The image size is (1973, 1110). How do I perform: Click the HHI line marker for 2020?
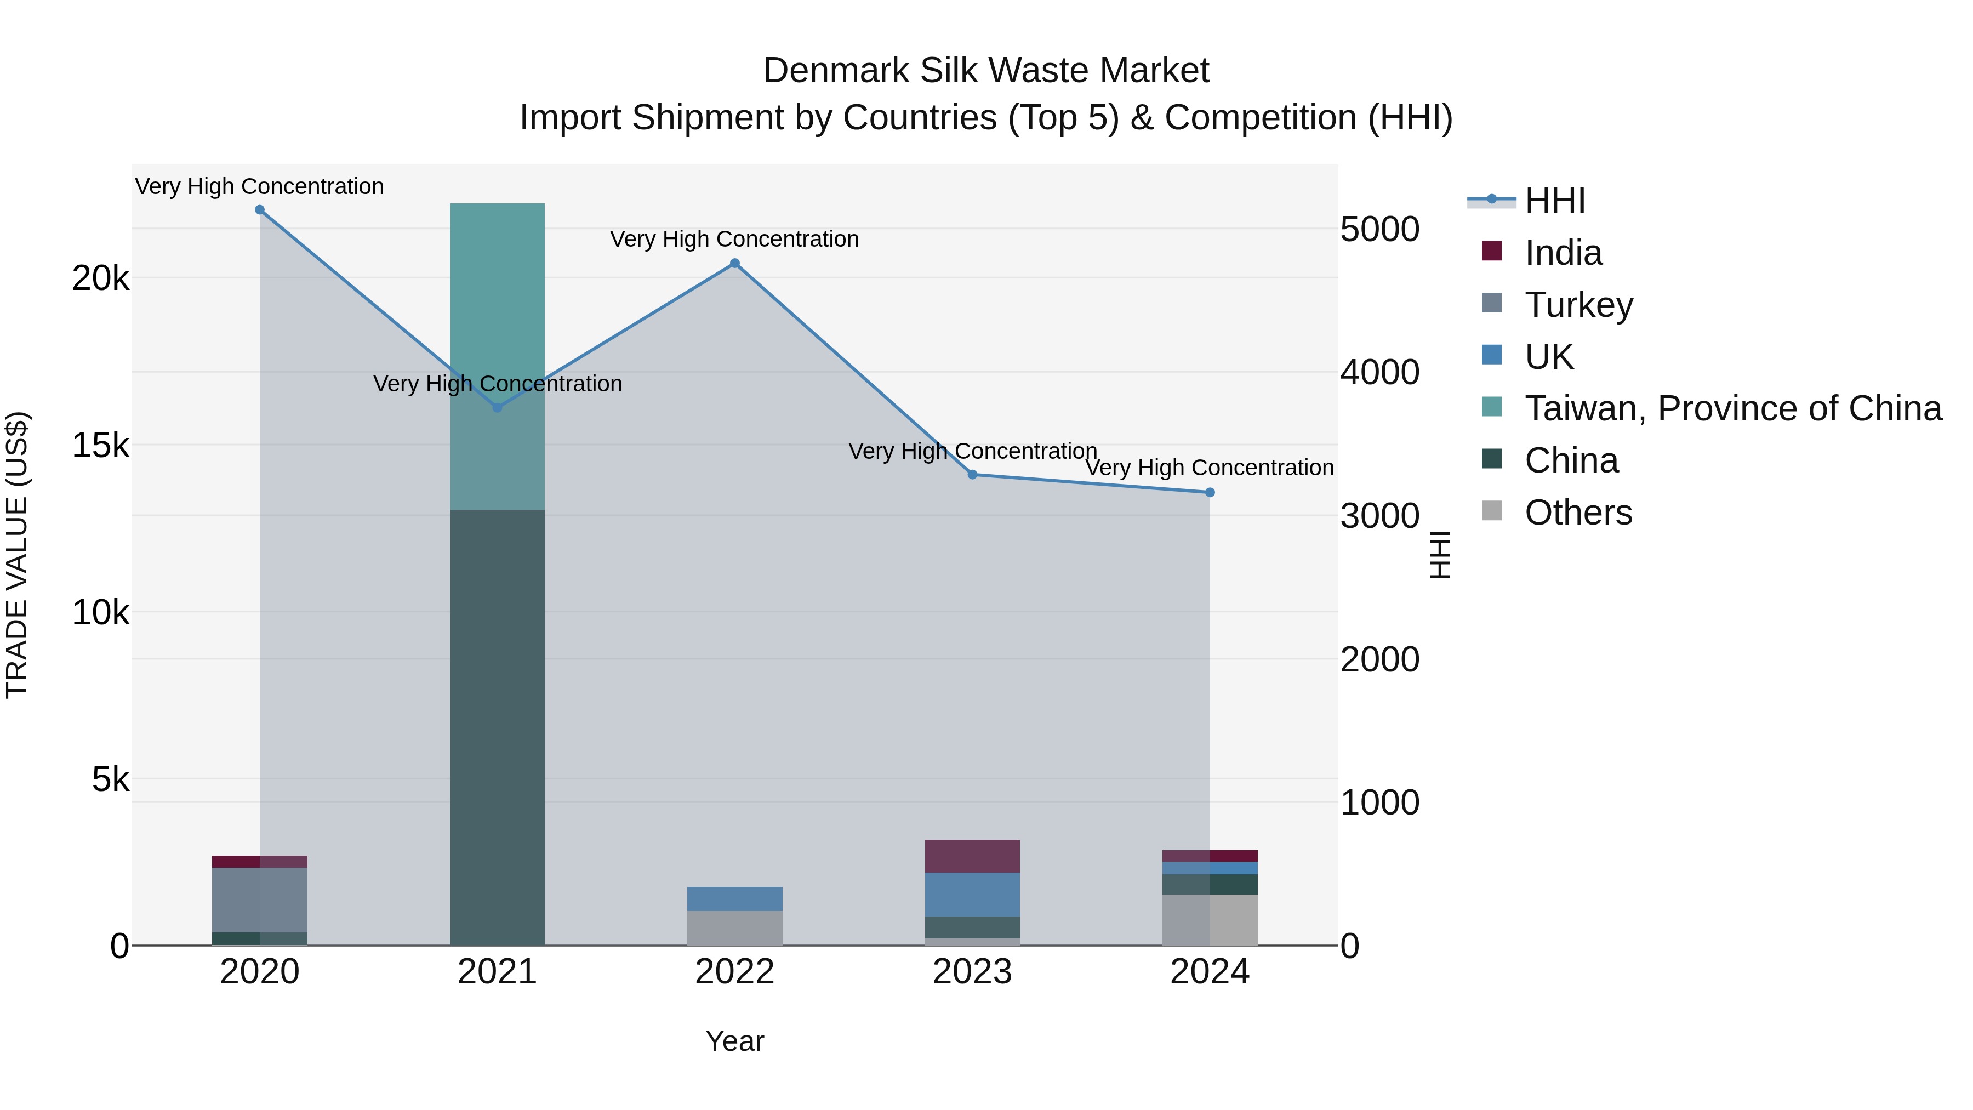pyautogui.click(x=260, y=210)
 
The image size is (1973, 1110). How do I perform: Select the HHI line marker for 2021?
pyautogui.click(x=497, y=407)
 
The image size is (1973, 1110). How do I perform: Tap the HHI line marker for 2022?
pyautogui.click(x=734, y=264)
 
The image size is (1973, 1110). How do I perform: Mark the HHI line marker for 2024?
pyautogui.click(x=1210, y=493)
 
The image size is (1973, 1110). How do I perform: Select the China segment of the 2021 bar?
pyautogui.click(x=497, y=728)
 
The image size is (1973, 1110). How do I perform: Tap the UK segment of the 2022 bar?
pyautogui.click(x=734, y=898)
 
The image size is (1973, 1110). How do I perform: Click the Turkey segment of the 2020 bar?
pyautogui.click(x=260, y=900)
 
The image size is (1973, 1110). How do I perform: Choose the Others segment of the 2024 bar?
pyautogui.click(x=1210, y=919)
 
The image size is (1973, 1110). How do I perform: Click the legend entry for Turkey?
pyautogui.click(x=1578, y=305)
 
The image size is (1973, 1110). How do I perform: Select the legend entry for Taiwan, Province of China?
pyautogui.click(x=1732, y=408)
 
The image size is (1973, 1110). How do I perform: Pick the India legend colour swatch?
pyautogui.click(x=1492, y=251)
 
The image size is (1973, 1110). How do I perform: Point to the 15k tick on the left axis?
pyautogui.click(x=101, y=445)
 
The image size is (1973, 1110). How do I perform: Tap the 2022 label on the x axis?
pyautogui.click(x=734, y=972)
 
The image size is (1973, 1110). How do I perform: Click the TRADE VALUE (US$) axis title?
pyautogui.click(x=17, y=555)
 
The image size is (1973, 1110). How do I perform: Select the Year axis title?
pyautogui.click(x=734, y=1041)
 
